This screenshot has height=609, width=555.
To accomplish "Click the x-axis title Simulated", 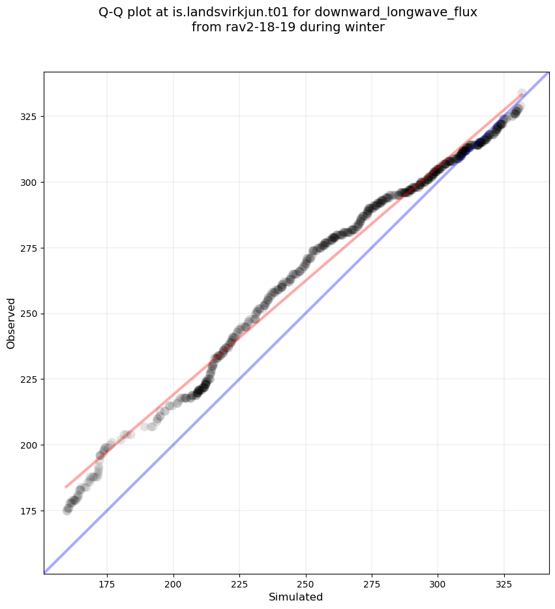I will click(x=296, y=597).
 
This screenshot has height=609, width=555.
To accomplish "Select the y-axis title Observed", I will click(x=11, y=323).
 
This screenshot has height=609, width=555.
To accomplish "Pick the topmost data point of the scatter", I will click(x=522, y=93).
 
